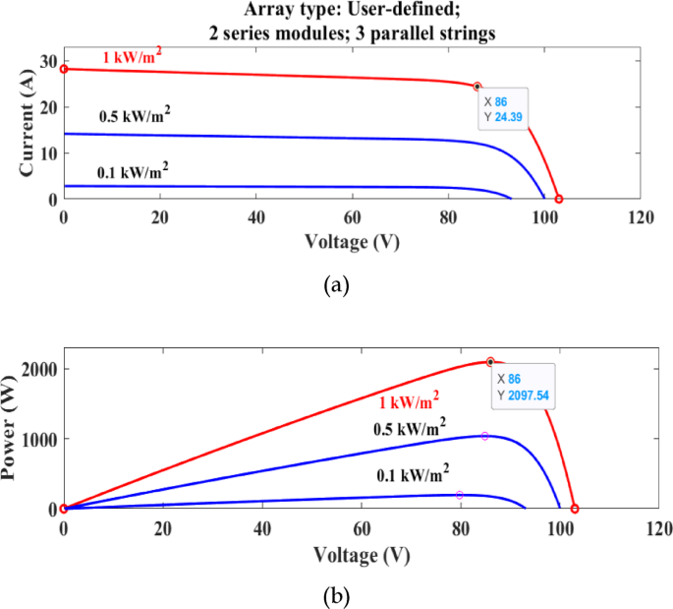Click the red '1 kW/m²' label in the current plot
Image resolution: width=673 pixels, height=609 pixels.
[x=133, y=58]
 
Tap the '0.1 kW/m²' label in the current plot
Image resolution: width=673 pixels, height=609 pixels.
[x=133, y=172]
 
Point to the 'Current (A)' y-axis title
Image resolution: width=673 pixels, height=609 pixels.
[x=28, y=124]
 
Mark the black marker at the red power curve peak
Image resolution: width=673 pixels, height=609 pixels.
[x=490, y=362]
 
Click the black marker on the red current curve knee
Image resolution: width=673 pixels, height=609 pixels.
[x=477, y=87]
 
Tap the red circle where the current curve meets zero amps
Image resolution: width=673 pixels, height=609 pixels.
[x=559, y=199]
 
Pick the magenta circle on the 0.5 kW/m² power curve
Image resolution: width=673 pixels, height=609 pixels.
[x=484, y=436]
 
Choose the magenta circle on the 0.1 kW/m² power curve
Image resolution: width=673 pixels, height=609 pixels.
[x=460, y=495]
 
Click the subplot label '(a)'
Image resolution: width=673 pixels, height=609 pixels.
[x=335, y=285]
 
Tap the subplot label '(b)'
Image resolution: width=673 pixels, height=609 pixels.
[x=335, y=595]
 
